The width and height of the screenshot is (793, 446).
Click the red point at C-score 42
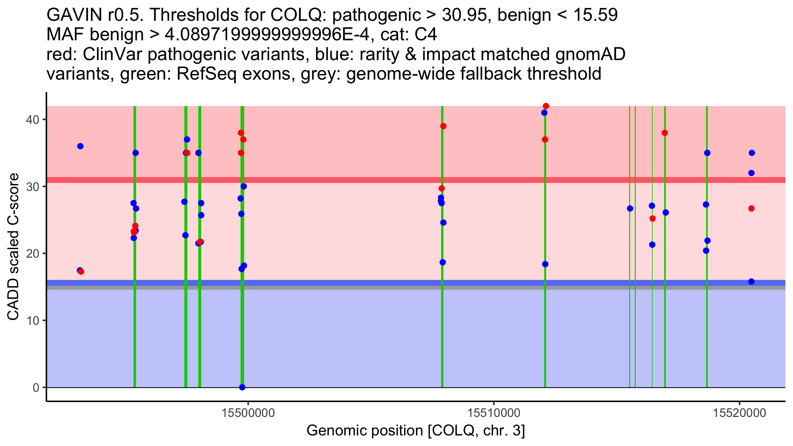pos(546,106)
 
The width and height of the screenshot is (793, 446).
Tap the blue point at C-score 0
pos(242,387)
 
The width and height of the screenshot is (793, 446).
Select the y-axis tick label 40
pos(32,120)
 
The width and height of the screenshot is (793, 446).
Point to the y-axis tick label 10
pos(32,320)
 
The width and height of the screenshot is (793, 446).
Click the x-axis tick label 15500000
pos(248,413)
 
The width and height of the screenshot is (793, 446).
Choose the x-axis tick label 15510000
pos(494,413)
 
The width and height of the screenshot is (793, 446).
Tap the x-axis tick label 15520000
pos(739,413)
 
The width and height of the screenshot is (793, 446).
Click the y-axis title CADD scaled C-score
pos(13,247)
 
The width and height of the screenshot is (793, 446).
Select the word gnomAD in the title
pos(590,54)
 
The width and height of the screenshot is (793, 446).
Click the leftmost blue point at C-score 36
pos(80,146)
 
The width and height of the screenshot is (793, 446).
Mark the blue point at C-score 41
pos(545,113)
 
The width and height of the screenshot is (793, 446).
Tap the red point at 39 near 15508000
pos(443,126)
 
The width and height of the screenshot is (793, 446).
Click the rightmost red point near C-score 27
pos(751,208)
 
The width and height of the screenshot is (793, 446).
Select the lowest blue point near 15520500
pos(751,281)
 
